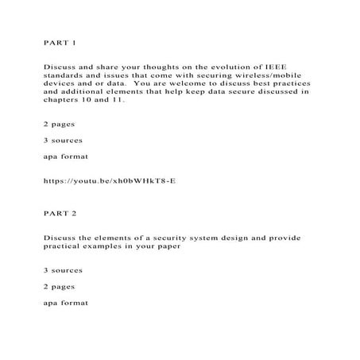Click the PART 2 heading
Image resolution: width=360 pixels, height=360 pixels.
click(x=56, y=214)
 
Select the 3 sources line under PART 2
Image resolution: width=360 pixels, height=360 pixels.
click(x=62, y=270)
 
